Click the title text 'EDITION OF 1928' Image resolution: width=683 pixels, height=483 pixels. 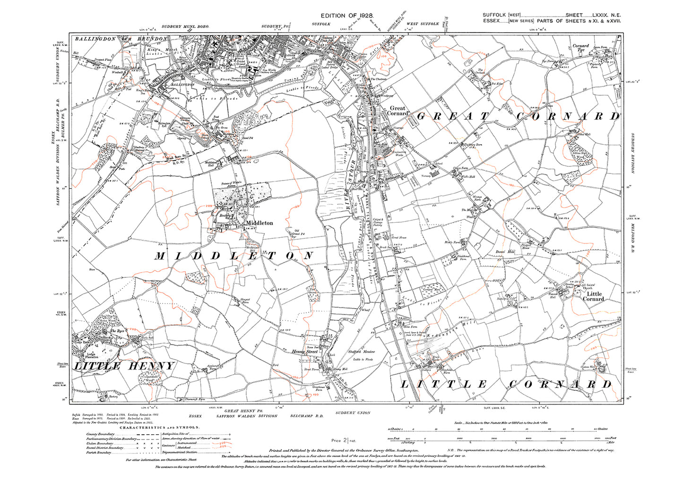[347, 16]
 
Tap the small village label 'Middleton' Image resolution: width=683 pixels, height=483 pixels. [259, 223]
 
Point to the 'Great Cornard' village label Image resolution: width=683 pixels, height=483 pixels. [398, 111]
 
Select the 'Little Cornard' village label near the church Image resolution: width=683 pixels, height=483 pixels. [593, 296]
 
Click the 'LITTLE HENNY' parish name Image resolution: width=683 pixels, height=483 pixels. [125, 366]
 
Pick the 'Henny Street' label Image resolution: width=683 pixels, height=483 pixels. [304, 352]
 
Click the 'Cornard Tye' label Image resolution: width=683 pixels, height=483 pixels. [581, 48]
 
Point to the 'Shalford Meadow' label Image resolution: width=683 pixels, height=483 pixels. [362, 352]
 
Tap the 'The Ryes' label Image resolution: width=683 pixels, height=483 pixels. [117, 331]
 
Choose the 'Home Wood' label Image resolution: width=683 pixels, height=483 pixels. [107, 321]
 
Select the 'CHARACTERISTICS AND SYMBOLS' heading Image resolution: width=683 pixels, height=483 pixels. [159, 427]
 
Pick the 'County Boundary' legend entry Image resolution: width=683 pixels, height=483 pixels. [100, 434]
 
